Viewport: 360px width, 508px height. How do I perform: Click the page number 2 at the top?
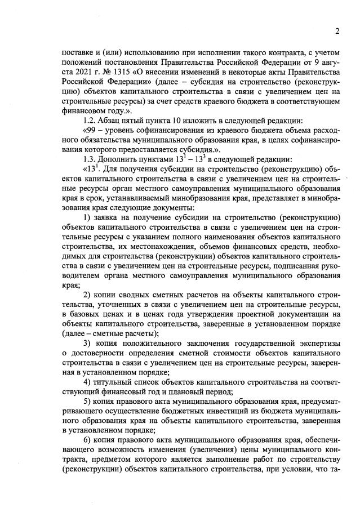click(x=336, y=31)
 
